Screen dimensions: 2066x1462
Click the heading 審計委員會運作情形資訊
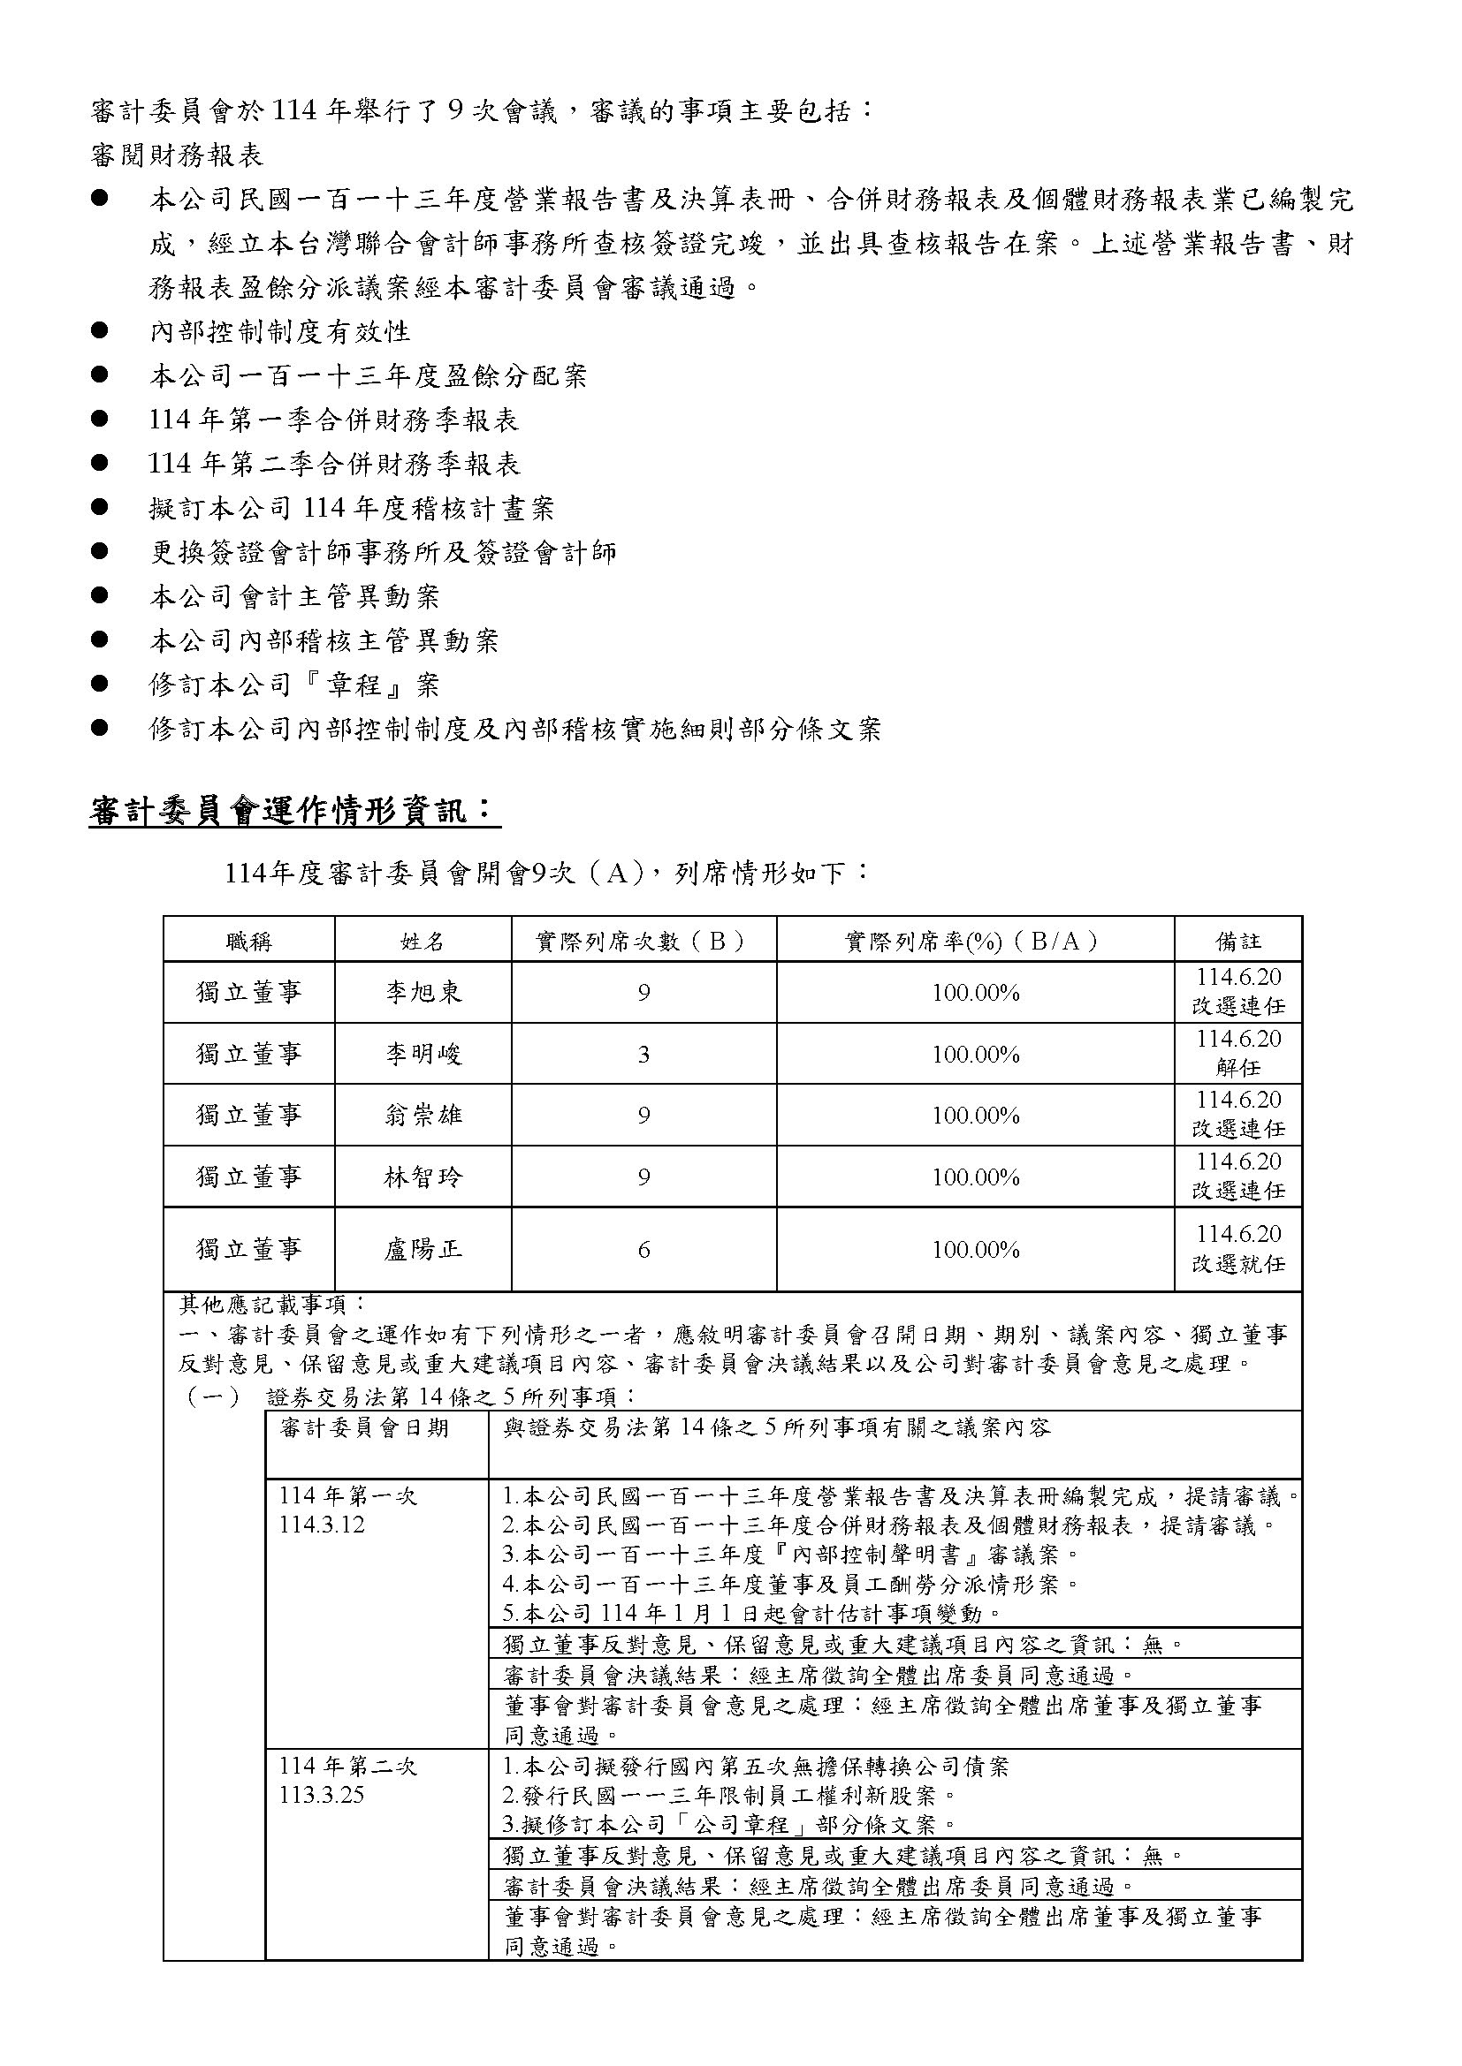coord(293,812)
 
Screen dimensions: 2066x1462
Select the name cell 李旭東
coord(423,992)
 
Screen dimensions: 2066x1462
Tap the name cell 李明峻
coord(423,1054)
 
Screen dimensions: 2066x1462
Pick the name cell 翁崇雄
coord(423,1116)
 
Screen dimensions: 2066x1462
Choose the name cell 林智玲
coord(423,1177)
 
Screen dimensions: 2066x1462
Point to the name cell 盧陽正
coord(423,1249)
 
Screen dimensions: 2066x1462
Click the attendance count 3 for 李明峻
coord(643,1055)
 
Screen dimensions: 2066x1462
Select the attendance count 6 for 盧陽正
coord(643,1250)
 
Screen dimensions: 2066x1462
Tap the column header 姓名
coord(423,942)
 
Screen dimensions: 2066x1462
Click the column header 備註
coord(1237,942)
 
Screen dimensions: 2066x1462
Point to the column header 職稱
coord(248,942)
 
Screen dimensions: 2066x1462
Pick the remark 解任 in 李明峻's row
coord(1237,1068)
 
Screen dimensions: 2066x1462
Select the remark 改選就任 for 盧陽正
coord(1237,1263)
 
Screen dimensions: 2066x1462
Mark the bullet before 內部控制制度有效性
coord(100,331)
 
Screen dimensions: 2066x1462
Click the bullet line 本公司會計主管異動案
coord(294,596)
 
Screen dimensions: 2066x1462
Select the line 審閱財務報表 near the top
coord(177,155)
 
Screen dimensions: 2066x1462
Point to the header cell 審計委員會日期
coord(364,1428)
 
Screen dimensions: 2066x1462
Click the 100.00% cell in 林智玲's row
coord(975,1177)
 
